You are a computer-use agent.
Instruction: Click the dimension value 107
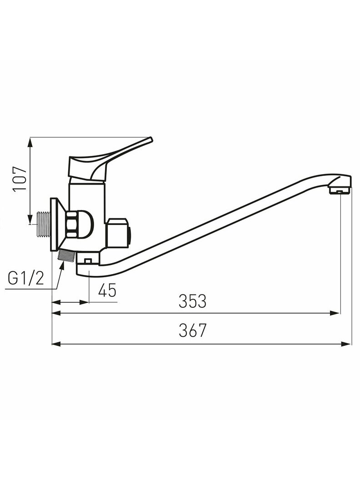pyautogui.click(x=20, y=179)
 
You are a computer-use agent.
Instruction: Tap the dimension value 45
pyautogui.click(x=107, y=290)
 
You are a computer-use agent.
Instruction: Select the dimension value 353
pyautogui.click(x=193, y=301)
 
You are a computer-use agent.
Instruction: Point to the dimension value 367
pyautogui.click(x=193, y=330)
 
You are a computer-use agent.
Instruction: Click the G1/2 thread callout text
pyautogui.click(x=26, y=279)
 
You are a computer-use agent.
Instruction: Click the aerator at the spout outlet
pyautogui.click(x=340, y=191)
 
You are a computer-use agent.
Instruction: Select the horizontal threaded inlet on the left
pyautogui.click(x=44, y=224)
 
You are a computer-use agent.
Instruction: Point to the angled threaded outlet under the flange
pyautogui.click(x=66, y=255)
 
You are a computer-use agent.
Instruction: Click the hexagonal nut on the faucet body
pyautogui.click(x=73, y=223)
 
